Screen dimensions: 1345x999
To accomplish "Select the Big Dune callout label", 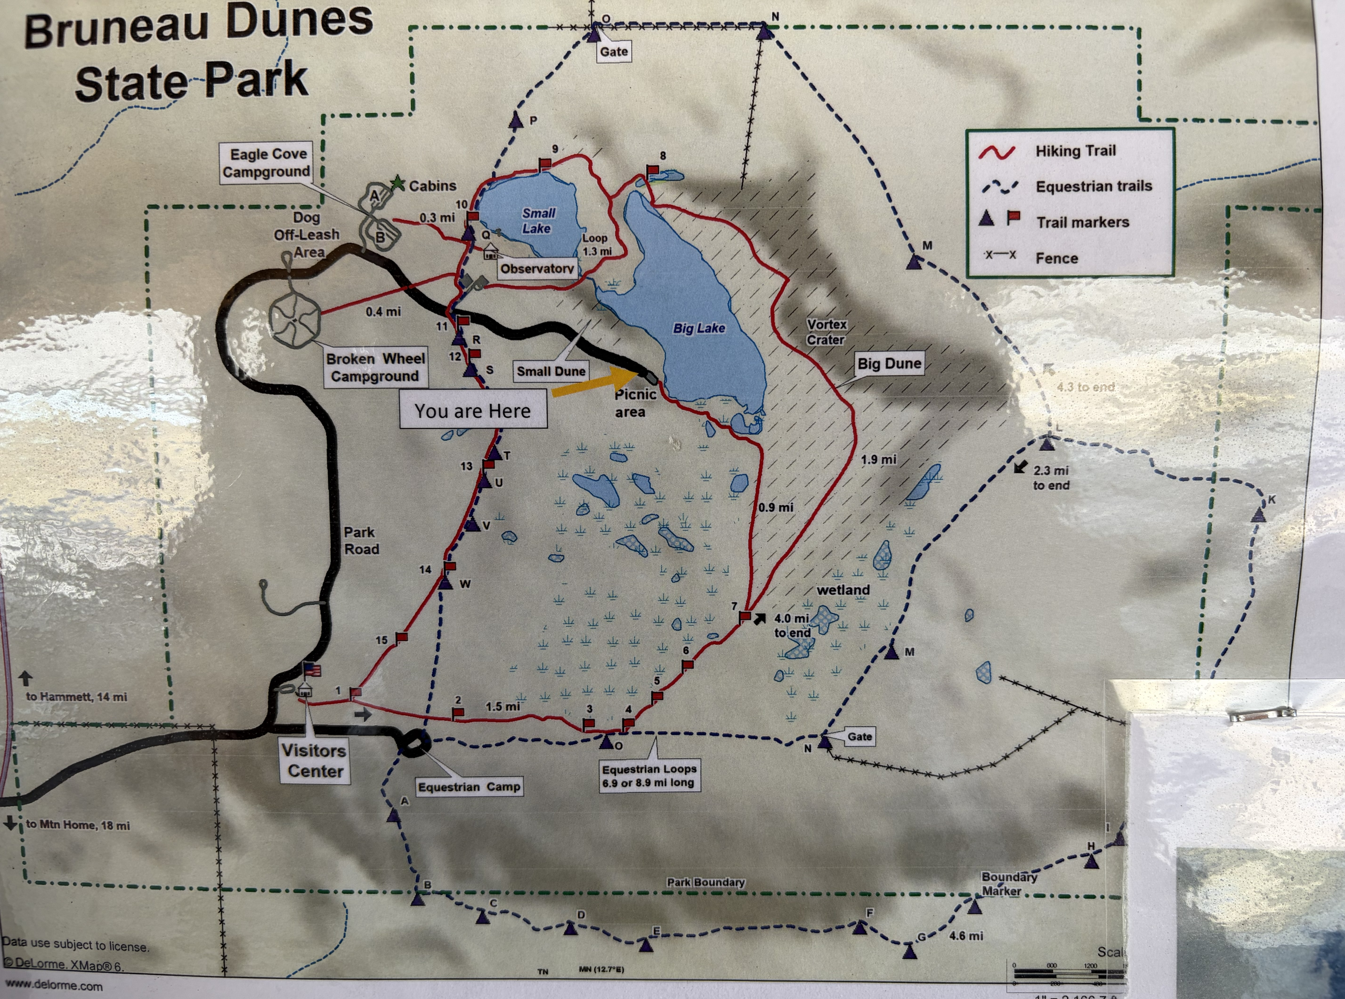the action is pos(889,364).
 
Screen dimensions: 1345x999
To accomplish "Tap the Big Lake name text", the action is pos(699,328).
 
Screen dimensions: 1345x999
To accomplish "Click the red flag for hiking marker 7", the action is pos(745,616).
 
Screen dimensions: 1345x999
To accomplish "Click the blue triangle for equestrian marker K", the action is pos(1259,515).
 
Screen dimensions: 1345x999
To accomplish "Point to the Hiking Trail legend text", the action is pos(1075,151).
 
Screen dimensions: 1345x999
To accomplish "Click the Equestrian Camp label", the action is pos(469,787).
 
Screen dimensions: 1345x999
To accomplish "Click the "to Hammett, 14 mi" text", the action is pos(76,697).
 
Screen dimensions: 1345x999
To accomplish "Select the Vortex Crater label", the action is pos(826,332).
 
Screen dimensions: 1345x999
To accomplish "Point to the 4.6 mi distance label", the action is pos(966,935).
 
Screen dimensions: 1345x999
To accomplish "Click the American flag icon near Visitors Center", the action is pos(312,669).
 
